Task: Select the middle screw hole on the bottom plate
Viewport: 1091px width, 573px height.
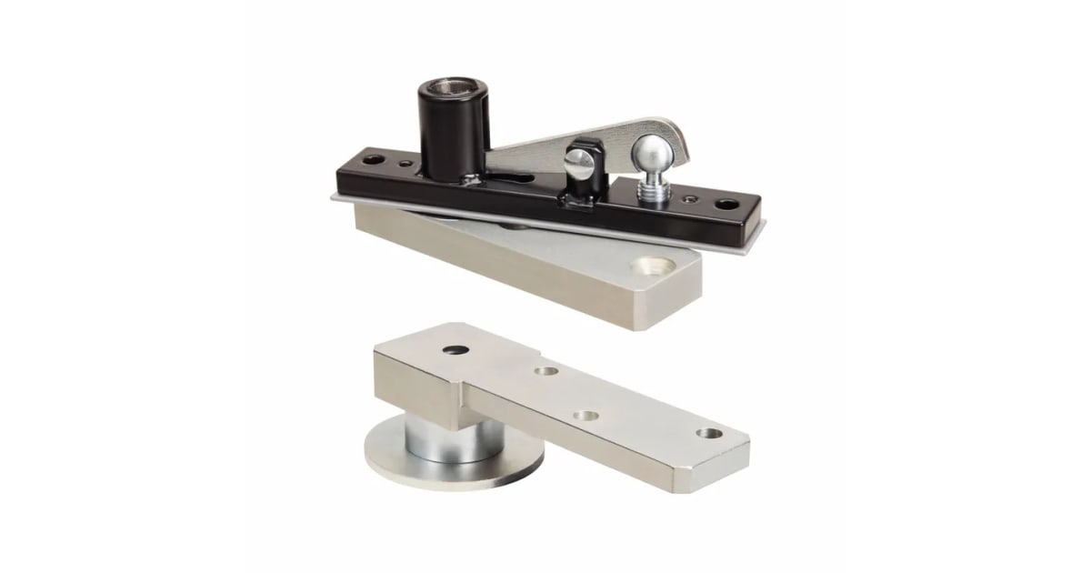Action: [x=587, y=415]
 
